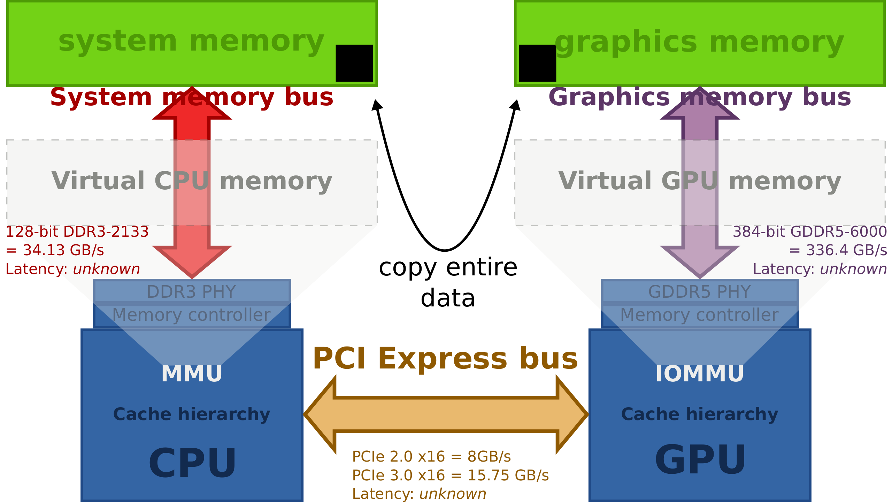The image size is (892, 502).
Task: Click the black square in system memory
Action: [354, 63]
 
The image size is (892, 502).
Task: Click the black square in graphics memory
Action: [538, 63]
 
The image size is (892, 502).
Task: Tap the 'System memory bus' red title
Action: [192, 97]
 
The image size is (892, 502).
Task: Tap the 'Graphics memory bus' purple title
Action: [700, 97]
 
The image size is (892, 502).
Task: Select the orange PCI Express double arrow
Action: [446, 414]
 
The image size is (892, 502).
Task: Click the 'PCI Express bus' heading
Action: [445, 359]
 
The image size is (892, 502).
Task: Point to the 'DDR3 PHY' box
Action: [192, 291]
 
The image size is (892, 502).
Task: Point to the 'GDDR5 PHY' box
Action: [700, 291]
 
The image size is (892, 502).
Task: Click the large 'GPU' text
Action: [700, 460]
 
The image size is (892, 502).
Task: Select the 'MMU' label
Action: [192, 374]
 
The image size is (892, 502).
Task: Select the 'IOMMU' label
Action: [700, 374]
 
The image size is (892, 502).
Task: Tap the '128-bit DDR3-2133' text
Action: [77, 232]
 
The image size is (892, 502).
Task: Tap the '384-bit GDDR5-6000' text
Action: [810, 232]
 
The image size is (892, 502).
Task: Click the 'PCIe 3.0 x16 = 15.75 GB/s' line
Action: [450, 475]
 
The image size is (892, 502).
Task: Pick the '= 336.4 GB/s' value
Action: [838, 250]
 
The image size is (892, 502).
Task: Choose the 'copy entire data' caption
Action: [448, 283]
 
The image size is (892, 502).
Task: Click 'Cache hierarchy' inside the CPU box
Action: [192, 414]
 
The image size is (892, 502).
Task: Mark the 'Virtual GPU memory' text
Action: [700, 181]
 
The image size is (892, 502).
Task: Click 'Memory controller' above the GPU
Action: [700, 315]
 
